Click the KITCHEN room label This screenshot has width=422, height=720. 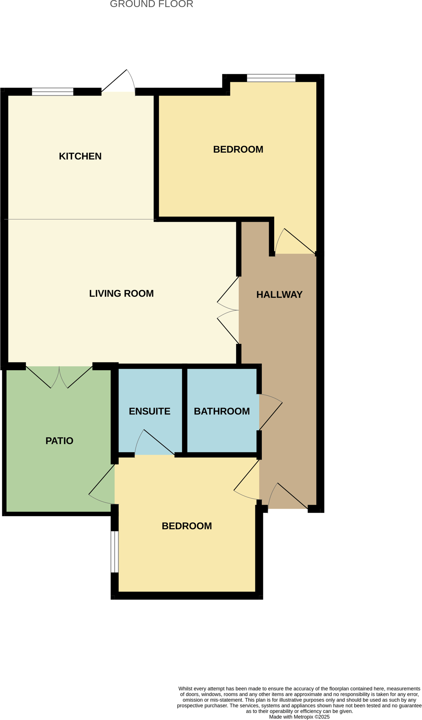[x=80, y=156]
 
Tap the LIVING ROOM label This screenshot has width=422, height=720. [x=121, y=293]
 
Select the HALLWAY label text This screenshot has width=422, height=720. [x=279, y=295]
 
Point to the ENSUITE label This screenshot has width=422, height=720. [x=149, y=411]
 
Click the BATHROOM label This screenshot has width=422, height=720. [x=221, y=411]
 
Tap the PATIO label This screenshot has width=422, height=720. [x=59, y=441]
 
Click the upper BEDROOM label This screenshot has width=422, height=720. [x=238, y=150]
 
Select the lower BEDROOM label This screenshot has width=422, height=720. [x=186, y=526]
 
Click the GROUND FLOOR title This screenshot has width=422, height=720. [x=152, y=4]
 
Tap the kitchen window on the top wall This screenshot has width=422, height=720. [x=53, y=91]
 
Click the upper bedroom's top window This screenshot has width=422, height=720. [x=271, y=78]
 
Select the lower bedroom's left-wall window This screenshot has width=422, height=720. [x=114, y=551]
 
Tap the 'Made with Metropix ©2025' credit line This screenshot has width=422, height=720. [x=299, y=717]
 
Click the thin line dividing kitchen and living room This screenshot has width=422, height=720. [x=80, y=219]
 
